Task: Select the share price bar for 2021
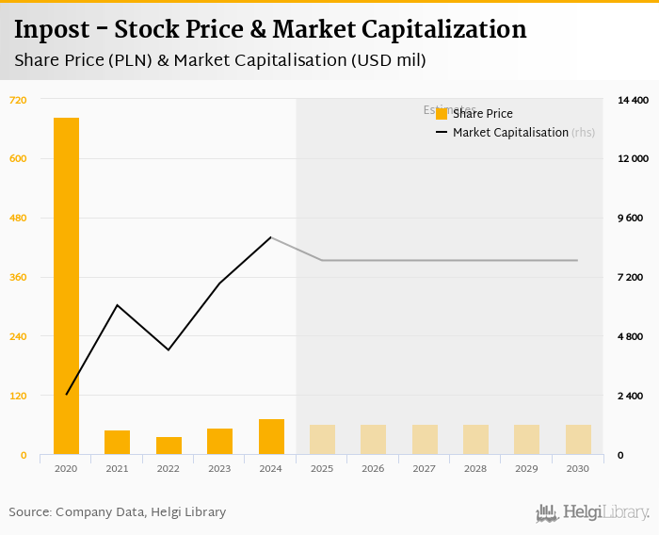point(117,443)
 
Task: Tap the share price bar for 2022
point(169,446)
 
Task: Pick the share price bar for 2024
point(271,437)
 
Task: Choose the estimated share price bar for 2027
point(425,440)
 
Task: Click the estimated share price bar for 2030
point(578,440)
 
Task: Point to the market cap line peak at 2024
point(271,237)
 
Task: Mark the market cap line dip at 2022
point(169,350)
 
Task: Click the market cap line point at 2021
point(117,305)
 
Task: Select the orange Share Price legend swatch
point(442,114)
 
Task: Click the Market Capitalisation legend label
point(510,133)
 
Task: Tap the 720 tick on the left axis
point(19,100)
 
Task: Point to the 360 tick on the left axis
point(19,277)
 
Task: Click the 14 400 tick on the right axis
point(633,100)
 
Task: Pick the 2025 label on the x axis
point(322,468)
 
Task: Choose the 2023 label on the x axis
point(219,468)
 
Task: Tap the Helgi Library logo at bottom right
point(593,512)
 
